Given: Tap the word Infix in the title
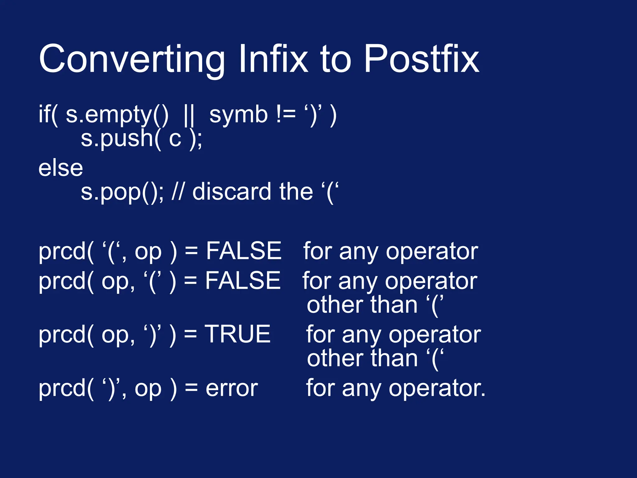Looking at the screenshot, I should pos(273,59).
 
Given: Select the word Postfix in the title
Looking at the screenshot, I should pos(421,59).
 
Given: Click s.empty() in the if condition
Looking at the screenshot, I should pos(117,115).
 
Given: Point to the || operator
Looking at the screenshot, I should pos(189,115).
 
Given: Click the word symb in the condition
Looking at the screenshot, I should pos(238,115).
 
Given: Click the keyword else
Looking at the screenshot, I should pos(61,168).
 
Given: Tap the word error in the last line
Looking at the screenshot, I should pos(232,388).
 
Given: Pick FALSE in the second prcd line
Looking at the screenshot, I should pos(243,280).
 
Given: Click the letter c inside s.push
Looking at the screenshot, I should pos(175,139).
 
